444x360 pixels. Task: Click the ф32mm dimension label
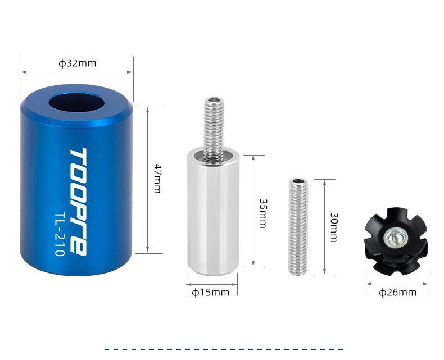(x=77, y=63)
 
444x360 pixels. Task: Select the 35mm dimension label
(x=262, y=212)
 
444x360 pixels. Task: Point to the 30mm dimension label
(x=333, y=227)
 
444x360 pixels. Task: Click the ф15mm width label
(x=211, y=292)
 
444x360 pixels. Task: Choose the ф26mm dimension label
(x=397, y=292)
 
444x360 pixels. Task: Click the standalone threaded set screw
(x=298, y=227)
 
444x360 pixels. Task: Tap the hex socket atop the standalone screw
(x=298, y=182)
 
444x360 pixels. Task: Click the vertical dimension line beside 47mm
(x=147, y=179)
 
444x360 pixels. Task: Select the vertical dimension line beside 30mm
(x=324, y=227)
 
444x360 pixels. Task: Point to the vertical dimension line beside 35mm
(x=253, y=211)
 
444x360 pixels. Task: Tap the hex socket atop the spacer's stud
(x=214, y=102)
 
